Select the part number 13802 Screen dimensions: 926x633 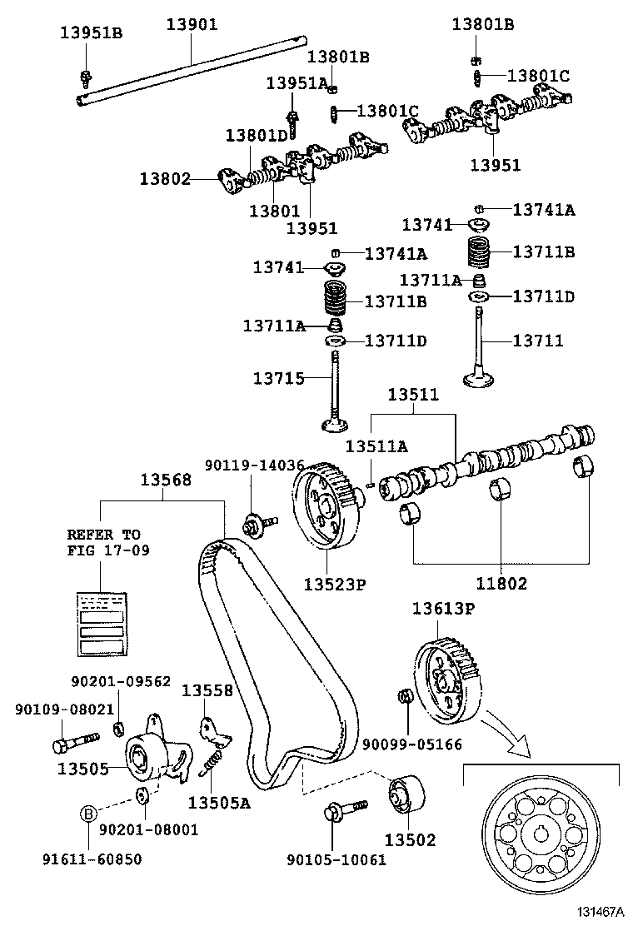coord(165,178)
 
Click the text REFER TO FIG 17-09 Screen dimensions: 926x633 coord(104,542)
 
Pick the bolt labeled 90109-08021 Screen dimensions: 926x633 coord(74,739)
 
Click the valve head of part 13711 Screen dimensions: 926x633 coord(479,380)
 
